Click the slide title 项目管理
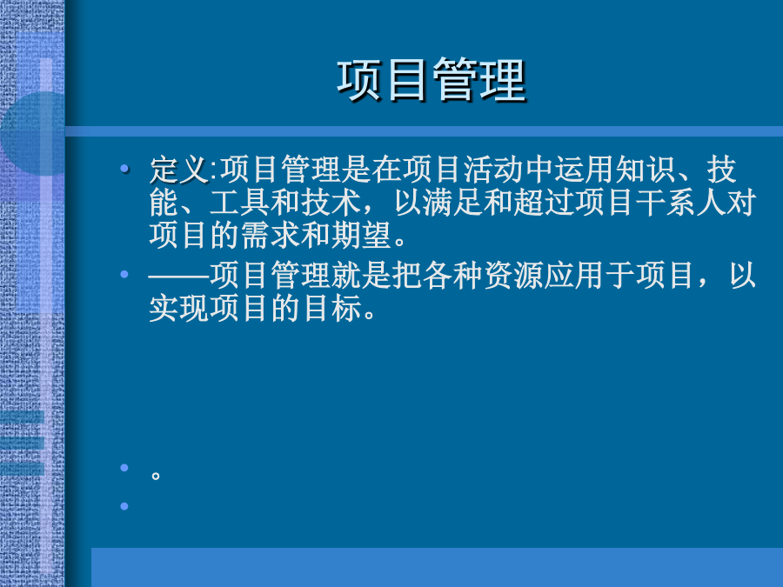point(432,80)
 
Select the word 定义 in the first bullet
point(179,170)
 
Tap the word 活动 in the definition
point(494,170)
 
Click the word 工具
point(240,203)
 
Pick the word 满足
point(453,203)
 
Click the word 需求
point(271,236)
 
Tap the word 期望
point(362,236)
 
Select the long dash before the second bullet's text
point(179,276)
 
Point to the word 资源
point(514,275)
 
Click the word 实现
point(179,308)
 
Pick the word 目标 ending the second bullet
point(331,308)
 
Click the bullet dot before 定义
point(124,169)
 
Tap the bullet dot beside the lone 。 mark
point(124,468)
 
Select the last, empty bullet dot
point(124,506)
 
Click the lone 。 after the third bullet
point(156,475)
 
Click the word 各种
point(453,275)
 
